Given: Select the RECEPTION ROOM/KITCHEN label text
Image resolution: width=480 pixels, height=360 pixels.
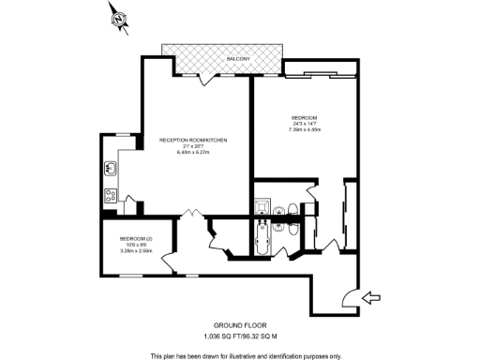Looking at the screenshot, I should pos(194,140).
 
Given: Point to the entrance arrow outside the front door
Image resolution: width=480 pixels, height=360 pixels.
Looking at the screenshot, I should pos(371,298).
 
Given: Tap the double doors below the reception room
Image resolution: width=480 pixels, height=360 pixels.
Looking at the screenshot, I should pos(193,215).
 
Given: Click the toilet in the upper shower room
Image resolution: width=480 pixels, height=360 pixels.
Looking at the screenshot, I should pos(293,209).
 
